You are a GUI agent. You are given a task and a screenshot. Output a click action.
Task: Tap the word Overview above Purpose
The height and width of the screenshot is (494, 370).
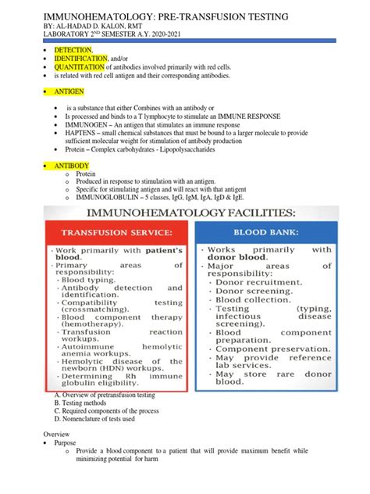point(56,433)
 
